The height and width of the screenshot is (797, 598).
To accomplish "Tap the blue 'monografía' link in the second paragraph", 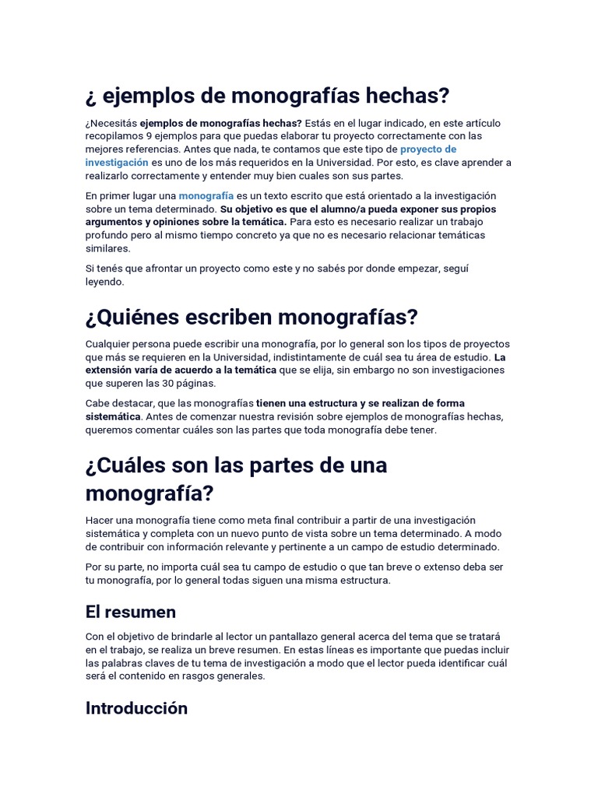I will click(206, 195).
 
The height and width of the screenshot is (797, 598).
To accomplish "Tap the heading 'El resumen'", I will click(131, 611).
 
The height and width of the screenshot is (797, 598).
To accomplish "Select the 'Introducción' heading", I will click(136, 707).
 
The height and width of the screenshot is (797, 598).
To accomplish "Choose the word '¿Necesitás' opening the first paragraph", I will click(111, 122).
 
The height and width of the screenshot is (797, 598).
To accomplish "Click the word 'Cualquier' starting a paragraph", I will click(110, 344).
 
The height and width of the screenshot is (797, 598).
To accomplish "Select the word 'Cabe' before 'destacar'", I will click(98, 403).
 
